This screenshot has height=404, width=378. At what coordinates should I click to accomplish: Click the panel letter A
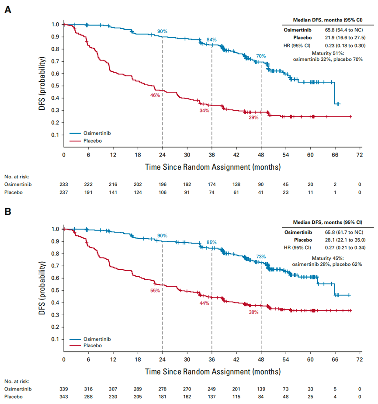click(x=8, y=10)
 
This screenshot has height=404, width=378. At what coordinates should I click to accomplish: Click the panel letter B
click(x=8, y=212)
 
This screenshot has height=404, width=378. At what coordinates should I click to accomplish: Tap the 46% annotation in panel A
click(x=155, y=95)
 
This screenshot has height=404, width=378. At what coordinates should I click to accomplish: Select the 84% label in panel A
click(x=212, y=40)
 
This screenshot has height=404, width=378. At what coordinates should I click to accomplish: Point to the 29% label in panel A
click(x=253, y=118)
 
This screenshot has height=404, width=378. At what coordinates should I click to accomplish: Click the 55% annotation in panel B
click(x=155, y=291)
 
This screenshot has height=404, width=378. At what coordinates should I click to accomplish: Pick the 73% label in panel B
click(x=261, y=257)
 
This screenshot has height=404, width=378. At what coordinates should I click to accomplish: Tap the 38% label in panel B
click(x=253, y=312)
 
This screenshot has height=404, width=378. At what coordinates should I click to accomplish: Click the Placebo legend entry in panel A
click(x=86, y=141)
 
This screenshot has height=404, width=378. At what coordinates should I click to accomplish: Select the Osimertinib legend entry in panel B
click(x=90, y=339)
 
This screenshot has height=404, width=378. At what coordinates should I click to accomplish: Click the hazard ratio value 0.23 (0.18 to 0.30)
click(x=345, y=45)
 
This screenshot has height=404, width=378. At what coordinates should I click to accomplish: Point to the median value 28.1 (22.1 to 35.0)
click(x=345, y=240)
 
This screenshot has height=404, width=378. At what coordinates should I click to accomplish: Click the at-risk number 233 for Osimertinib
click(x=64, y=185)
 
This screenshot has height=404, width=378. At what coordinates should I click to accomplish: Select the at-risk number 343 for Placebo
click(x=64, y=397)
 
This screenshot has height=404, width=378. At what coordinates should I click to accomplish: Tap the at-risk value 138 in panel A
click(x=236, y=185)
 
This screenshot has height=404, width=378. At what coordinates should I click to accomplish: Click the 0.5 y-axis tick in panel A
click(x=55, y=86)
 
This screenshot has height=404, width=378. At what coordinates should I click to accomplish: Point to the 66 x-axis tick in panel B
click(x=335, y=359)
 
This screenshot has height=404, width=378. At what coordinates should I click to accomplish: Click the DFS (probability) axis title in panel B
click(x=42, y=288)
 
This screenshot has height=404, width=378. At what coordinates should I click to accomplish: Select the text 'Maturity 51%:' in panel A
click(x=328, y=53)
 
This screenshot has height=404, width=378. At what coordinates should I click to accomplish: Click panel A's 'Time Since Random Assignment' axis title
click(x=213, y=167)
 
